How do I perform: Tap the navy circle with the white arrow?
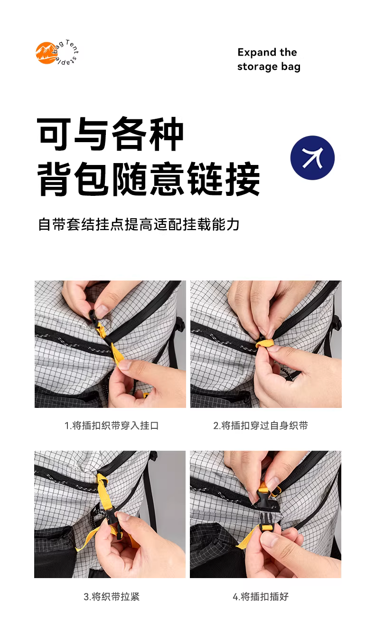click(312, 158)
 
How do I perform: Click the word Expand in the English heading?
click(257, 53)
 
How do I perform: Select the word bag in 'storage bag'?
click(291, 67)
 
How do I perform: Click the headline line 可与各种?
click(110, 134)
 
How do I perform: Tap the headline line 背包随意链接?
click(149, 179)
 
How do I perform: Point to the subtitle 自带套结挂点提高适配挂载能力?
click(139, 224)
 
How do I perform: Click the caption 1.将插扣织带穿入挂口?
click(112, 425)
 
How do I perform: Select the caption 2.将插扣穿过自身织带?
click(261, 425)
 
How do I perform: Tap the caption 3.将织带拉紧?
click(112, 597)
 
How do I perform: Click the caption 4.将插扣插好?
click(261, 597)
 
